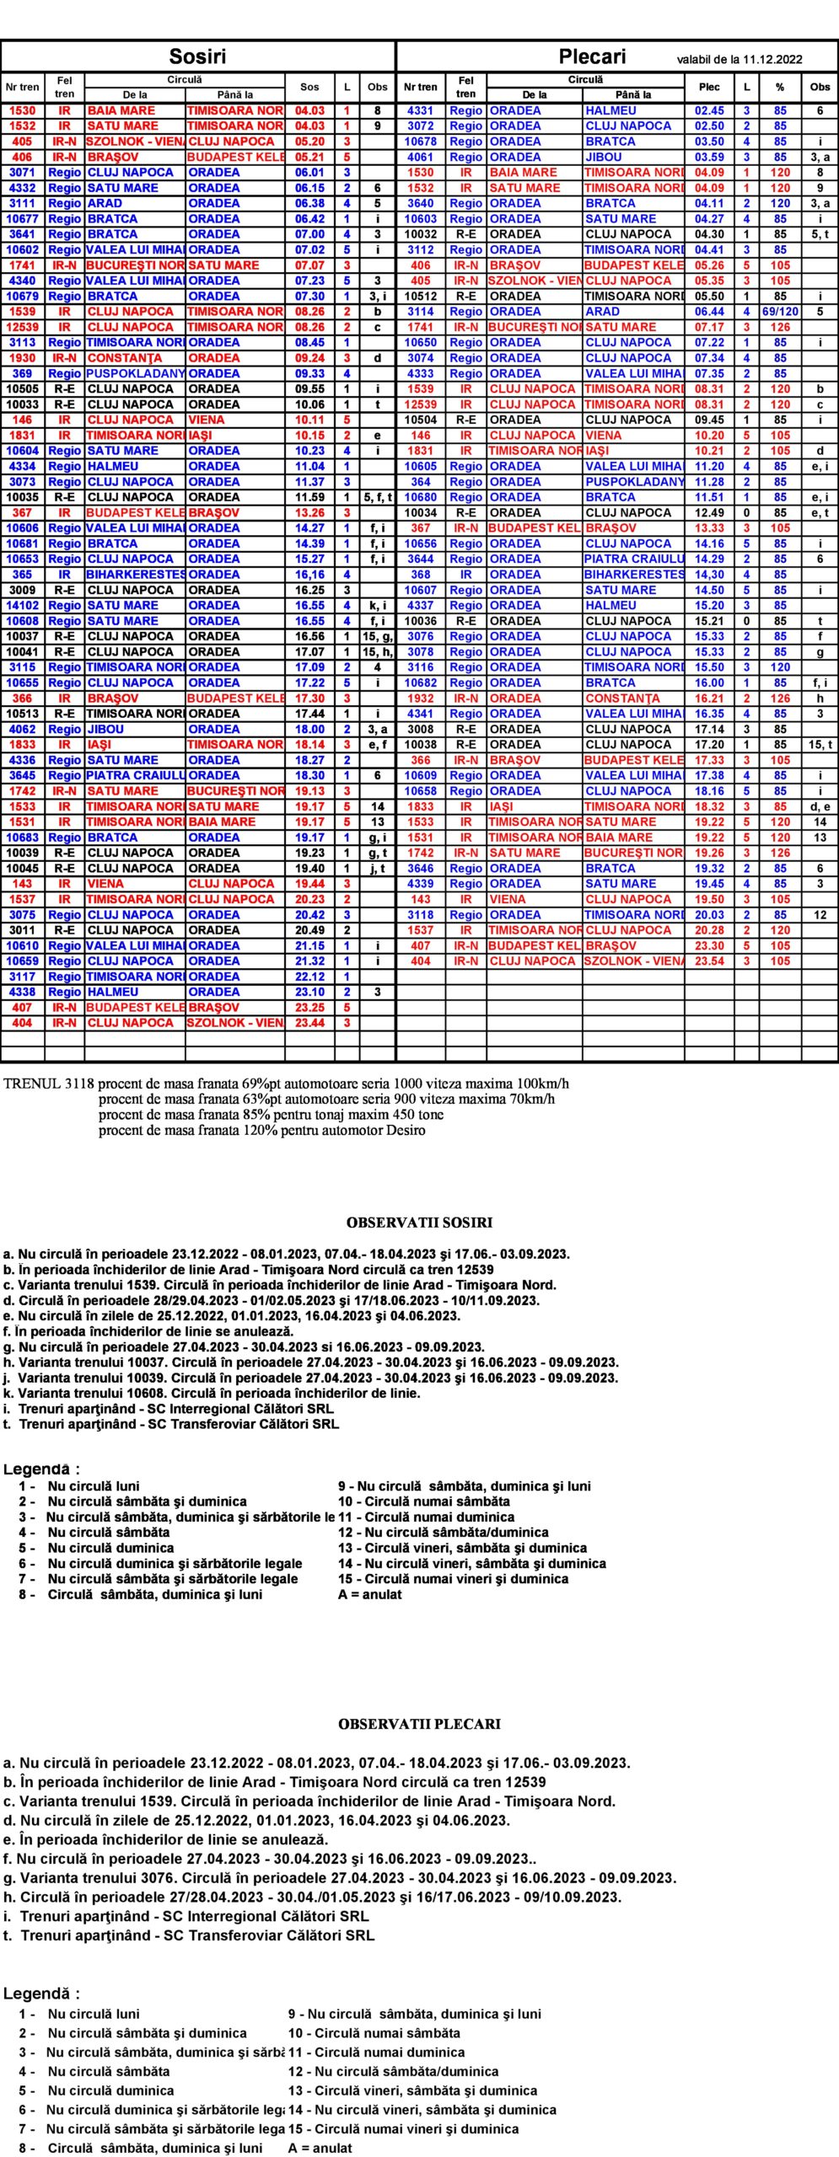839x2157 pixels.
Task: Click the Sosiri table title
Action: click(197, 56)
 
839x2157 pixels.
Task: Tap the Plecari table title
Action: click(592, 56)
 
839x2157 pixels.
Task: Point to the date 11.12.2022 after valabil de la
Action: click(772, 60)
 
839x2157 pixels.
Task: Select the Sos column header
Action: click(309, 87)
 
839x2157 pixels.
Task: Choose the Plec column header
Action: click(709, 87)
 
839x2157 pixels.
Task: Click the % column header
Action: click(780, 87)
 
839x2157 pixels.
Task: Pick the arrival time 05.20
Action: click(309, 142)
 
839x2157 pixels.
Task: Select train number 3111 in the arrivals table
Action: click(23, 203)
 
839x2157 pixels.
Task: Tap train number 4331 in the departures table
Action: click(420, 110)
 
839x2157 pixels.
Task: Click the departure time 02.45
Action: click(709, 110)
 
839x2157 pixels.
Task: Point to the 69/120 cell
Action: click(780, 312)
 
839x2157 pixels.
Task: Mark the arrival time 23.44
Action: click(309, 1023)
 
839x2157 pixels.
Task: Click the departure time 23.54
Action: click(709, 961)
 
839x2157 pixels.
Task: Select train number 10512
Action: click(420, 297)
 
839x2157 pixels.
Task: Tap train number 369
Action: click(23, 373)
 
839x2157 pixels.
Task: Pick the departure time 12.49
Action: click(709, 512)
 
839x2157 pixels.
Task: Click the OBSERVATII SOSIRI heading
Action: click(419, 1223)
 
